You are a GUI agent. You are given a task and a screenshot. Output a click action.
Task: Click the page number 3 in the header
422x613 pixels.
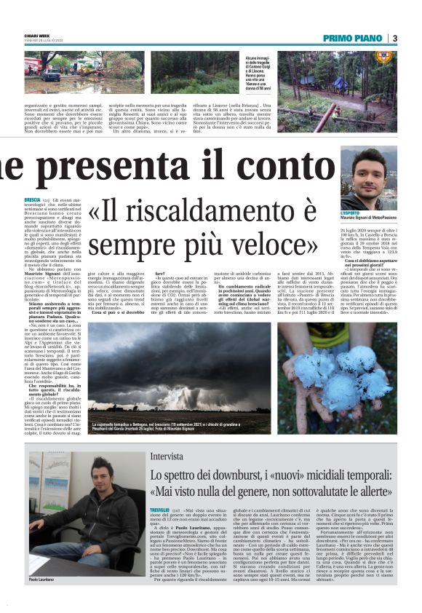click(x=394, y=38)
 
